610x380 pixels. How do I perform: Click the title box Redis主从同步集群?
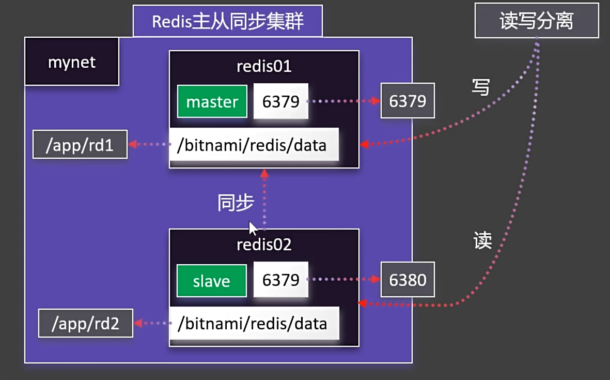pos(227,21)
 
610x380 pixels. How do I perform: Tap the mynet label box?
pos(72,62)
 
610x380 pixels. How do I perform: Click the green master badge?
pos(212,102)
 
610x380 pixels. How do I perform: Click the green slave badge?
pos(211,281)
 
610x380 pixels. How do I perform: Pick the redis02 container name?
pos(264,244)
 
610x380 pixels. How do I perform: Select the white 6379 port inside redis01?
pos(280,102)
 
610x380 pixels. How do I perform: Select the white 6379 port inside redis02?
pos(280,280)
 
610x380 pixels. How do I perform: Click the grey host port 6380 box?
pos(408,280)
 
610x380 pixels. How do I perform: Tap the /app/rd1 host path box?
pos(80,145)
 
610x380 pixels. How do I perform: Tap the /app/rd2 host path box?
pos(86,323)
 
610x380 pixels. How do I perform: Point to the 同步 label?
pos(235,203)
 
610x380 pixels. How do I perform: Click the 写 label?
pos(480,87)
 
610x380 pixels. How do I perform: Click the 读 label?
pos(482,240)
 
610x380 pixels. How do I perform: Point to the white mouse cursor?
pos(253,228)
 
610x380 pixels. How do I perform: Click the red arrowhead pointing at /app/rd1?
pos(133,145)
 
